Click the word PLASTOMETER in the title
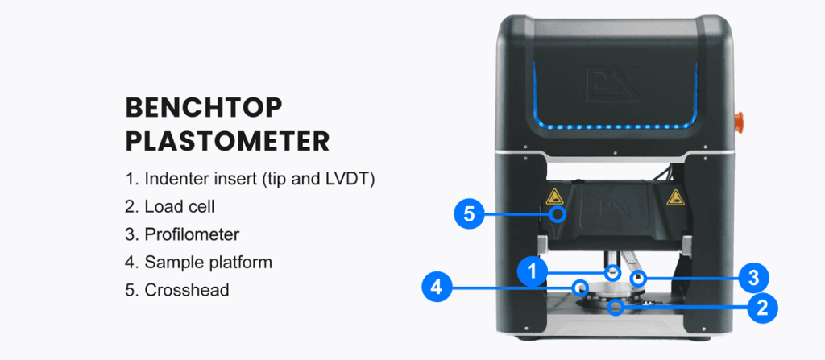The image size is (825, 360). click(227, 140)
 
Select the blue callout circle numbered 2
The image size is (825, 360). click(762, 306)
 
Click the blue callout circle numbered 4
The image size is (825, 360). click(436, 287)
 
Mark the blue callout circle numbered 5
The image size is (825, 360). click(468, 214)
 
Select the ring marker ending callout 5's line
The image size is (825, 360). click(556, 215)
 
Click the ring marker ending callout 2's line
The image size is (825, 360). click(616, 306)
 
